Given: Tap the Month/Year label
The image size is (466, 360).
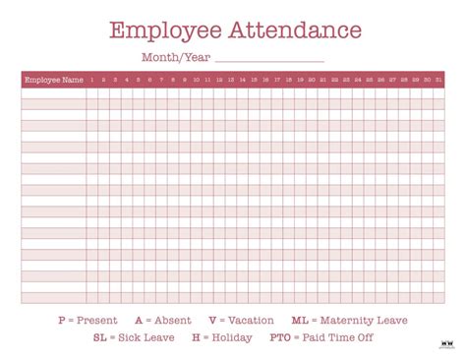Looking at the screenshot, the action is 175,57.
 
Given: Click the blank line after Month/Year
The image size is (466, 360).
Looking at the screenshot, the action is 268,59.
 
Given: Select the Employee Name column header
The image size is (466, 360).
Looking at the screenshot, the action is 53,80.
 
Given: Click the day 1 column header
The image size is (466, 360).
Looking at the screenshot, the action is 91,80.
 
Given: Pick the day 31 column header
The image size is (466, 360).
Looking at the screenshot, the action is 438,80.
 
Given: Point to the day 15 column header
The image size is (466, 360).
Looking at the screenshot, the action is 254,80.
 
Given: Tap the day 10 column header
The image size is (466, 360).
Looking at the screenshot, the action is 196,80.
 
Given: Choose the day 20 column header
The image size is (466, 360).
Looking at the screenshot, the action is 312,80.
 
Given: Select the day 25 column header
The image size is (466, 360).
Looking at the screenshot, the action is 370,80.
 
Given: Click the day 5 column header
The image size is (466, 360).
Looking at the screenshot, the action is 138,80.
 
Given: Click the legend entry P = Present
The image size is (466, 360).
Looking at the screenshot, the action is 87,320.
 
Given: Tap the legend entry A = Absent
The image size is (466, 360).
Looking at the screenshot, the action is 162,320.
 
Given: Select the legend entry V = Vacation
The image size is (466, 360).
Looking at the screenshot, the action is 240,320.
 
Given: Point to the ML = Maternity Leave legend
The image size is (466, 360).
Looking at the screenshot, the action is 349,320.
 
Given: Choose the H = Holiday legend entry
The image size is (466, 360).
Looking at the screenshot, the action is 221,337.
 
